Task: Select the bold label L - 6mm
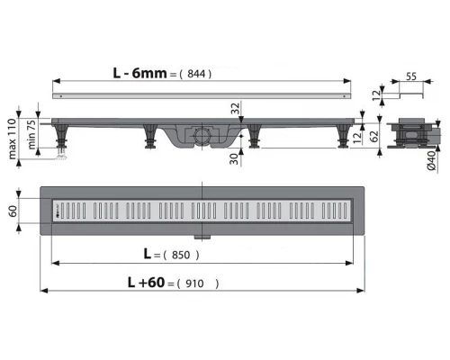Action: [x=139, y=73]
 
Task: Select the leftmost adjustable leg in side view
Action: [x=65, y=141]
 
